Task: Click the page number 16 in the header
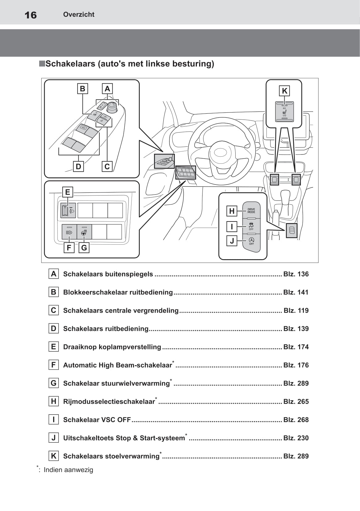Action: tap(31, 15)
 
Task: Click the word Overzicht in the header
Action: tap(79, 14)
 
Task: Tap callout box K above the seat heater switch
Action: tap(284, 91)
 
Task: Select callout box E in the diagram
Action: tap(68, 192)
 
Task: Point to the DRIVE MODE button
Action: tap(251, 211)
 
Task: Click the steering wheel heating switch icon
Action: tap(84, 232)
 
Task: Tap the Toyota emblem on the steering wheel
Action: tap(220, 152)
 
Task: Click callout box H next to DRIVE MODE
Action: tap(232, 211)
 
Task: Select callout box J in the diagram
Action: tap(232, 241)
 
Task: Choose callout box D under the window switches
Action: tap(78, 167)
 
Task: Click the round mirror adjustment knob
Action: tap(112, 107)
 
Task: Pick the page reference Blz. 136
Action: tap(296, 274)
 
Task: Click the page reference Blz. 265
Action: tap(296, 402)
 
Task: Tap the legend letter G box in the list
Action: tap(54, 383)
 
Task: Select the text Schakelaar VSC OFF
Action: tap(97, 420)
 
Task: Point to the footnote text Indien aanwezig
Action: tap(68, 470)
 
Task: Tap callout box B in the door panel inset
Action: tap(82, 89)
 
